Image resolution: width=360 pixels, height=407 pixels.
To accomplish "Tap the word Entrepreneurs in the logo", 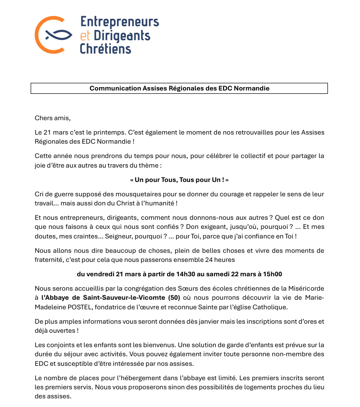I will (x=119, y=22).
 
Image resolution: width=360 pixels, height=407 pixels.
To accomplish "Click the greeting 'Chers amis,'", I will (x=53, y=118).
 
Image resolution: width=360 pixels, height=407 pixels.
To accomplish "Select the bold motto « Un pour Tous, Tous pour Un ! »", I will (x=179, y=180).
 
